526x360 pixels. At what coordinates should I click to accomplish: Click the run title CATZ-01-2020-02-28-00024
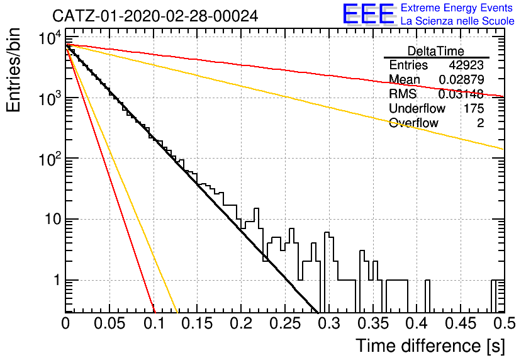click(155, 16)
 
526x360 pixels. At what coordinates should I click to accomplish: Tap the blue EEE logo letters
click(368, 14)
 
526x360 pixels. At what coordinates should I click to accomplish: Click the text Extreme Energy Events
click(457, 8)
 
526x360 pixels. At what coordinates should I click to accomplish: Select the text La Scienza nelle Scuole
click(457, 21)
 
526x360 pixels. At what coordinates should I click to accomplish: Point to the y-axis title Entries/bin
click(13, 70)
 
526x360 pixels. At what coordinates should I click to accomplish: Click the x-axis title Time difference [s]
click(430, 346)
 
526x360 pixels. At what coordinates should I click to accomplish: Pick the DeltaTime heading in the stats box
click(436, 51)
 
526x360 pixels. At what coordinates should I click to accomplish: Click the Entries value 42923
click(466, 65)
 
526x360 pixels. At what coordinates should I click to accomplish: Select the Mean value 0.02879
click(461, 79)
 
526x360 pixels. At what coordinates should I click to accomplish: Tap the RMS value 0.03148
click(461, 94)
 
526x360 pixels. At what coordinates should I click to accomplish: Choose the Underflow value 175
click(474, 108)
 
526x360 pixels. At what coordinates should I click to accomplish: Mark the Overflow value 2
click(480, 123)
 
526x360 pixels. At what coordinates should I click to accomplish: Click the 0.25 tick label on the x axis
click(286, 323)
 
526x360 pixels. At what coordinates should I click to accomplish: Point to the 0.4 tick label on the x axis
click(417, 323)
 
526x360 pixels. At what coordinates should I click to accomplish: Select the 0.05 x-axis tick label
click(109, 323)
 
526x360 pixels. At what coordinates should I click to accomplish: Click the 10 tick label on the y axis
click(53, 219)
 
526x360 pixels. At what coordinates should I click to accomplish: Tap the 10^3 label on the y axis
click(50, 98)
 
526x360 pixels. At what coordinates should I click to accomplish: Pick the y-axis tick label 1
click(57, 280)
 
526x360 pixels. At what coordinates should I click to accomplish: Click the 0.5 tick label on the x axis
click(505, 323)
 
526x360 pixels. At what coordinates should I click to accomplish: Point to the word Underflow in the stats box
click(417, 108)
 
